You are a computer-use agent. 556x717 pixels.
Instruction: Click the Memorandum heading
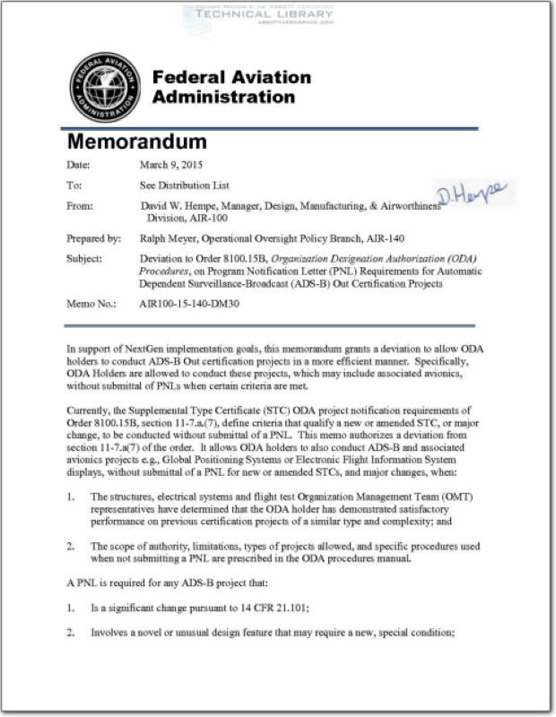point(137,143)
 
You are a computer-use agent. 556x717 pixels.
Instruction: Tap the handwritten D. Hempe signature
point(471,192)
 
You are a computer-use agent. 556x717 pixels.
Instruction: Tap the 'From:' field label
point(81,206)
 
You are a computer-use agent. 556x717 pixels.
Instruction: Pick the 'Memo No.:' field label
point(91,304)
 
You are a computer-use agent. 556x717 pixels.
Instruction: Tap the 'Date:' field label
point(78,164)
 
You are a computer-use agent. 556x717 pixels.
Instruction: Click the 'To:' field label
point(74,186)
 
